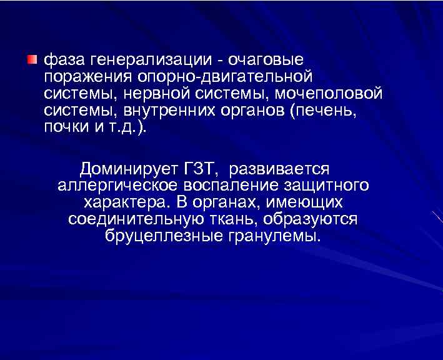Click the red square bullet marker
pyautogui.click(x=32, y=59)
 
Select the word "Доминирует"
pyautogui.click(x=129, y=169)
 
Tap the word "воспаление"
pyautogui.click(x=226, y=186)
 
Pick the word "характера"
pyautogui.click(x=122, y=203)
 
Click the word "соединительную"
pyautogui.click(x=134, y=220)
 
